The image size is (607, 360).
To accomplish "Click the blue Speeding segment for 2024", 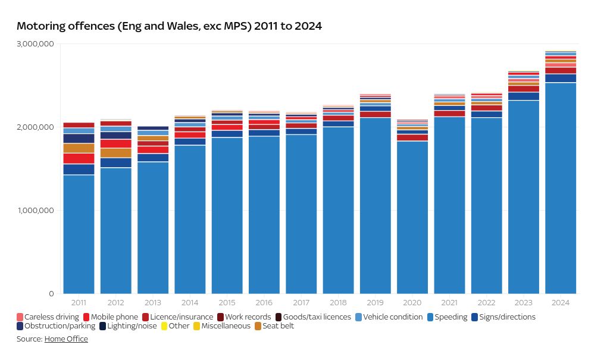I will click(x=561, y=188).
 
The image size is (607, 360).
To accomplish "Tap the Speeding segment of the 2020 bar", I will click(x=412, y=217).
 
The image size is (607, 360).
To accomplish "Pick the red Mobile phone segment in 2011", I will click(x=79, y=158).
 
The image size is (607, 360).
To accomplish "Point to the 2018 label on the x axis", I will click(x=338, y=303).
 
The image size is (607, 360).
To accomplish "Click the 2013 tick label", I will click(x=153, y=303).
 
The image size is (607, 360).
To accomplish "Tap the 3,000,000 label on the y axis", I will click(x=35, y=44).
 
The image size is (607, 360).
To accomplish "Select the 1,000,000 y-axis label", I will click(x=35, y=211).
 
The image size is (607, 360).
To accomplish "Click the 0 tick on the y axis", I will click(x=51, y=294).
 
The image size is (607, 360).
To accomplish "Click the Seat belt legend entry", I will click(x=274, y=326).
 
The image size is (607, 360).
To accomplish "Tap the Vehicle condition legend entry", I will click(x=389, y=317).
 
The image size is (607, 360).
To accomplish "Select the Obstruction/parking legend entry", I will click(x=56, y=326).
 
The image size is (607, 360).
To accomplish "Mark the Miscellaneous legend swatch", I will click(x=197, y=326).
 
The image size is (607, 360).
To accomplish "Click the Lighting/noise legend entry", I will click(x=128, y=326).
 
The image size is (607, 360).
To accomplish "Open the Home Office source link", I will click(x=66, y=339).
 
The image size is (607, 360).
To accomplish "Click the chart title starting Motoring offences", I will click(x=169, y=26).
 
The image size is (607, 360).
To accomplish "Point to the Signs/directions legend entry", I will click(x=503, y=317).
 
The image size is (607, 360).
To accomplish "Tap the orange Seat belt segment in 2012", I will click(x=115, y=153).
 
